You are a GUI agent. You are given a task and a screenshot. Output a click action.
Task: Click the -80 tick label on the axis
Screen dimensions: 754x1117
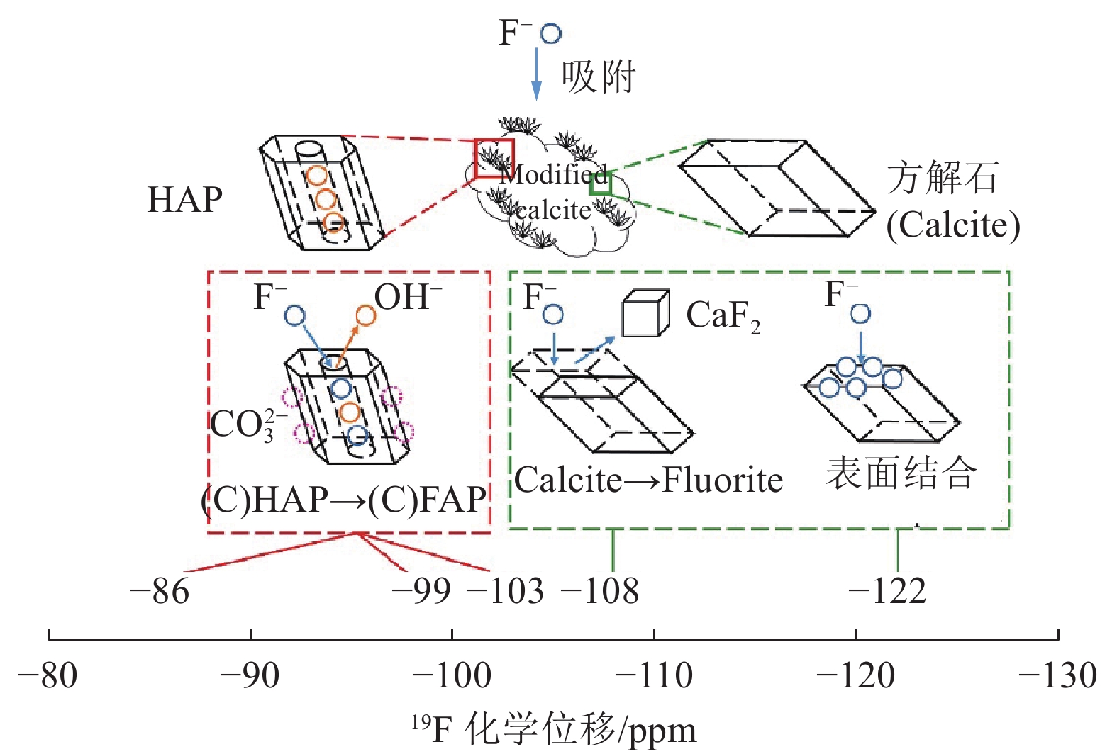48,675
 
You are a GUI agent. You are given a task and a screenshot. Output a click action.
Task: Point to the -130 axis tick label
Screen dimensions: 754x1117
1057,675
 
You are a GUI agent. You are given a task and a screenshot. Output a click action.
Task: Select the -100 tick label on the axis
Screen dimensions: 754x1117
452,675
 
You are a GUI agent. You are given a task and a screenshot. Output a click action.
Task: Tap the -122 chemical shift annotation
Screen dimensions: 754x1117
888,591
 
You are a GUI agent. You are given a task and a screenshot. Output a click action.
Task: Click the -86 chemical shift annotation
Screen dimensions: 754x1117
160,591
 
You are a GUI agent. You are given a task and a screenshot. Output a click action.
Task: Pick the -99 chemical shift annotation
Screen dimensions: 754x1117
421,591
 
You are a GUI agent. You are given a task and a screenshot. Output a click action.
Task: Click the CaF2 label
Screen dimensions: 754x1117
723,316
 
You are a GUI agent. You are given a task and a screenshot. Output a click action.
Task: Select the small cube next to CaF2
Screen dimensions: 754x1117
645,314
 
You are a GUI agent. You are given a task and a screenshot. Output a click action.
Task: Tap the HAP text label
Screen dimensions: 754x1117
184,200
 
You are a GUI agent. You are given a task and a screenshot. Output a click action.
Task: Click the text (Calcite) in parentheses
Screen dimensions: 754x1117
953,225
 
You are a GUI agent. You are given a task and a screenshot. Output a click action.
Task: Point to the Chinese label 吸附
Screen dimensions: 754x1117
599,77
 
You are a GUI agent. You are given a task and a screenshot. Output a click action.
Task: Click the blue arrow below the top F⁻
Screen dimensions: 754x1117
537,74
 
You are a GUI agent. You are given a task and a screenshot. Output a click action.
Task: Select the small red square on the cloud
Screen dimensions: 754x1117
494,158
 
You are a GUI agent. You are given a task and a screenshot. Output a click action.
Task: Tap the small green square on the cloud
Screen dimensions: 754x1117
601,184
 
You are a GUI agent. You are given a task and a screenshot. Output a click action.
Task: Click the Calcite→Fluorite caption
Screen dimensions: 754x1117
648,480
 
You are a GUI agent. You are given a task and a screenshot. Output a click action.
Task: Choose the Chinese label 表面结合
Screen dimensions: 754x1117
901,473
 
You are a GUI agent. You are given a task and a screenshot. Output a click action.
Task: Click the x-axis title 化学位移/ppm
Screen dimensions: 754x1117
553,730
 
